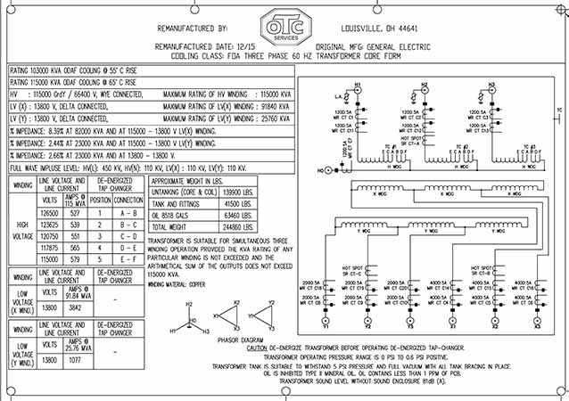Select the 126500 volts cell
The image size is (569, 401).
50,213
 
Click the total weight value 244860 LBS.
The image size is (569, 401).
260,227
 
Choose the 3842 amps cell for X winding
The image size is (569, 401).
77,306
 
